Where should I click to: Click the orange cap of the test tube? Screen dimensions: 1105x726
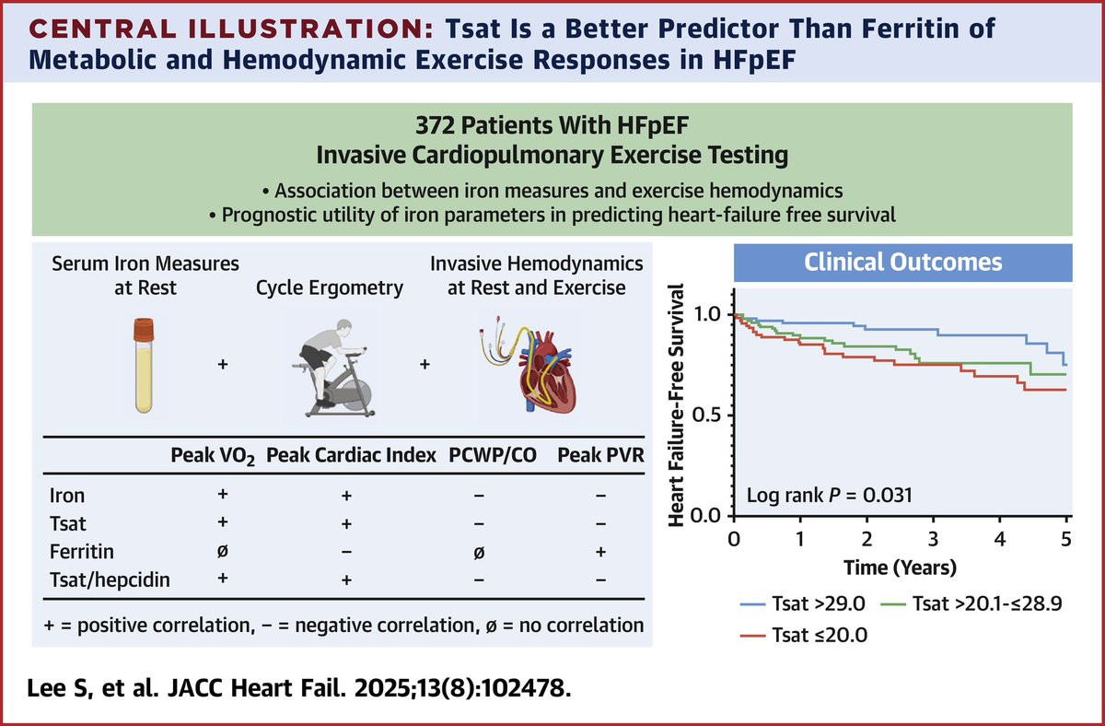coord(144,330)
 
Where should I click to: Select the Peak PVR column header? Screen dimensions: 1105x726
coord(600,455)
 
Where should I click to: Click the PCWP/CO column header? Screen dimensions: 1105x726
coord(493,455)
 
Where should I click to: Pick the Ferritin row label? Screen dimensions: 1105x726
coord(82,551)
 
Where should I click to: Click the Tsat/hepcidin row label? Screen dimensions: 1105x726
coord(110,580)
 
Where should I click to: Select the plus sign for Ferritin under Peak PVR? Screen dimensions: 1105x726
coord(600,552)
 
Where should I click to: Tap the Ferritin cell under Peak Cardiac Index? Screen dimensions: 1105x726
coord(346,552)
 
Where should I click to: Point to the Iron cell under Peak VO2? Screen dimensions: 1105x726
coord(223,494)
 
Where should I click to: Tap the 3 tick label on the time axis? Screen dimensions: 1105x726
coord(934,540)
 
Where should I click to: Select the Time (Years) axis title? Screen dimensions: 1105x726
coord(901,568)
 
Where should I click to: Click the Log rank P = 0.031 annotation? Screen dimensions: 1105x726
coord(830,495)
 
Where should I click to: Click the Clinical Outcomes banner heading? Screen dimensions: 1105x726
coord(902,262)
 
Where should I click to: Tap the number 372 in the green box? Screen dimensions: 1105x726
coord(434,125)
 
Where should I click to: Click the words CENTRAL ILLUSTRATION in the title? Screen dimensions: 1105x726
coord(231,29)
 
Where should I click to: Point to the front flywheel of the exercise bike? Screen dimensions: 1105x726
coord(355,397)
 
